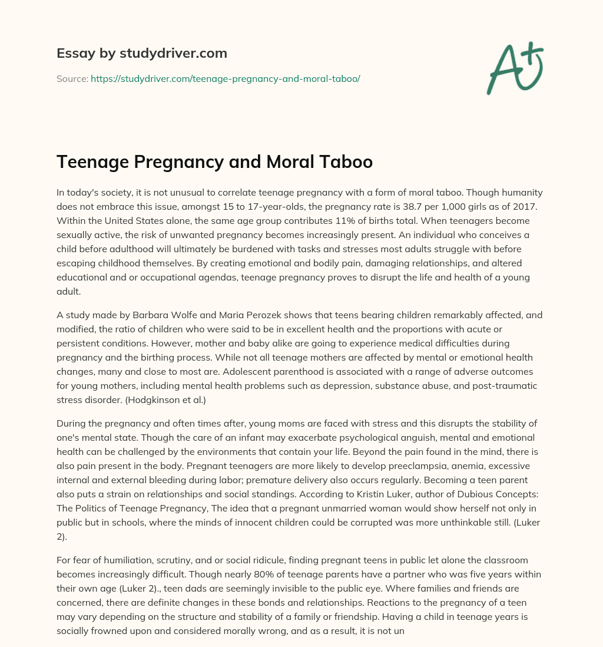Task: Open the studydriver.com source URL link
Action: coord(225,78)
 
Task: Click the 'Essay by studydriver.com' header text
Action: coord(141,53)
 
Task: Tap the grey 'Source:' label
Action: coord(72,78)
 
